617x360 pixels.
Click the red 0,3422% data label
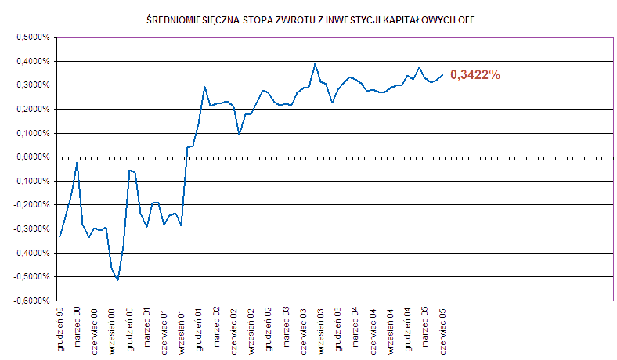coord(475,75)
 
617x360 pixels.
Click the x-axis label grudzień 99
coord(60,329)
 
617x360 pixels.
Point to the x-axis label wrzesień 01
coord(182,329)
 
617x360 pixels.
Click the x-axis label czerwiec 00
coord(95,329)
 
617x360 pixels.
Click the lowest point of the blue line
coord(117,279)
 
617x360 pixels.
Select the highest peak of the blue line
coord(315,64)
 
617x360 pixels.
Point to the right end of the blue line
coord(442,75)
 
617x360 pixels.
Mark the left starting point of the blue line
coord(60,236)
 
